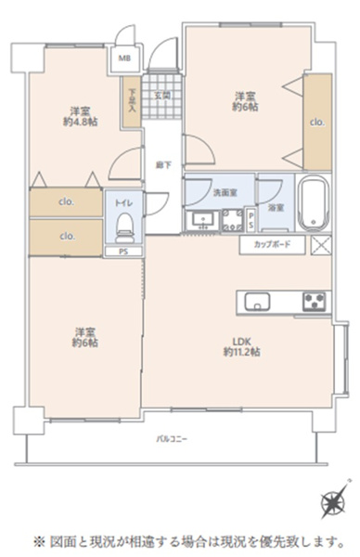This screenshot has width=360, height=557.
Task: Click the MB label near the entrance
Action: (x=123, y=58)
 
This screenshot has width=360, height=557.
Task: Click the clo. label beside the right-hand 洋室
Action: (x=316, y=121)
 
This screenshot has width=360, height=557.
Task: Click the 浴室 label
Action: (x=275, y=209)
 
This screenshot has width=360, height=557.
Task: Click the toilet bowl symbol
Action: (x=125, y=223)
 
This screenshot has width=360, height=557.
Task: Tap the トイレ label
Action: (x=123, y=201)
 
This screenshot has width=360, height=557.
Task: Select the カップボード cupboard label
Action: (x=271, y=244)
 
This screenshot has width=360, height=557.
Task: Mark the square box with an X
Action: (x=321, y=245)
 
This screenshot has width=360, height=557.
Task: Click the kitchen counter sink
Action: (x=256, y=301)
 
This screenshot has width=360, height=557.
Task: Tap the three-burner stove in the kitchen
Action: (x=313, y=301)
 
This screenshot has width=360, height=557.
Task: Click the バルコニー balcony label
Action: (x=172, y=437)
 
